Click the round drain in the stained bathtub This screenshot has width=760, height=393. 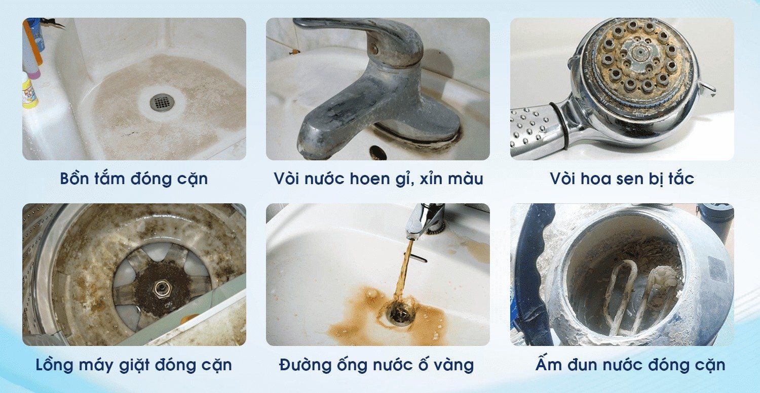162,103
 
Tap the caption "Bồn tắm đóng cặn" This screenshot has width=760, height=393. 134,179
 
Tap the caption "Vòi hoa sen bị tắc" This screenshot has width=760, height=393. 622,179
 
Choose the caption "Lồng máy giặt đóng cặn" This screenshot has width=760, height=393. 134,365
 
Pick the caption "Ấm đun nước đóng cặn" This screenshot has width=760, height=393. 630,365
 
